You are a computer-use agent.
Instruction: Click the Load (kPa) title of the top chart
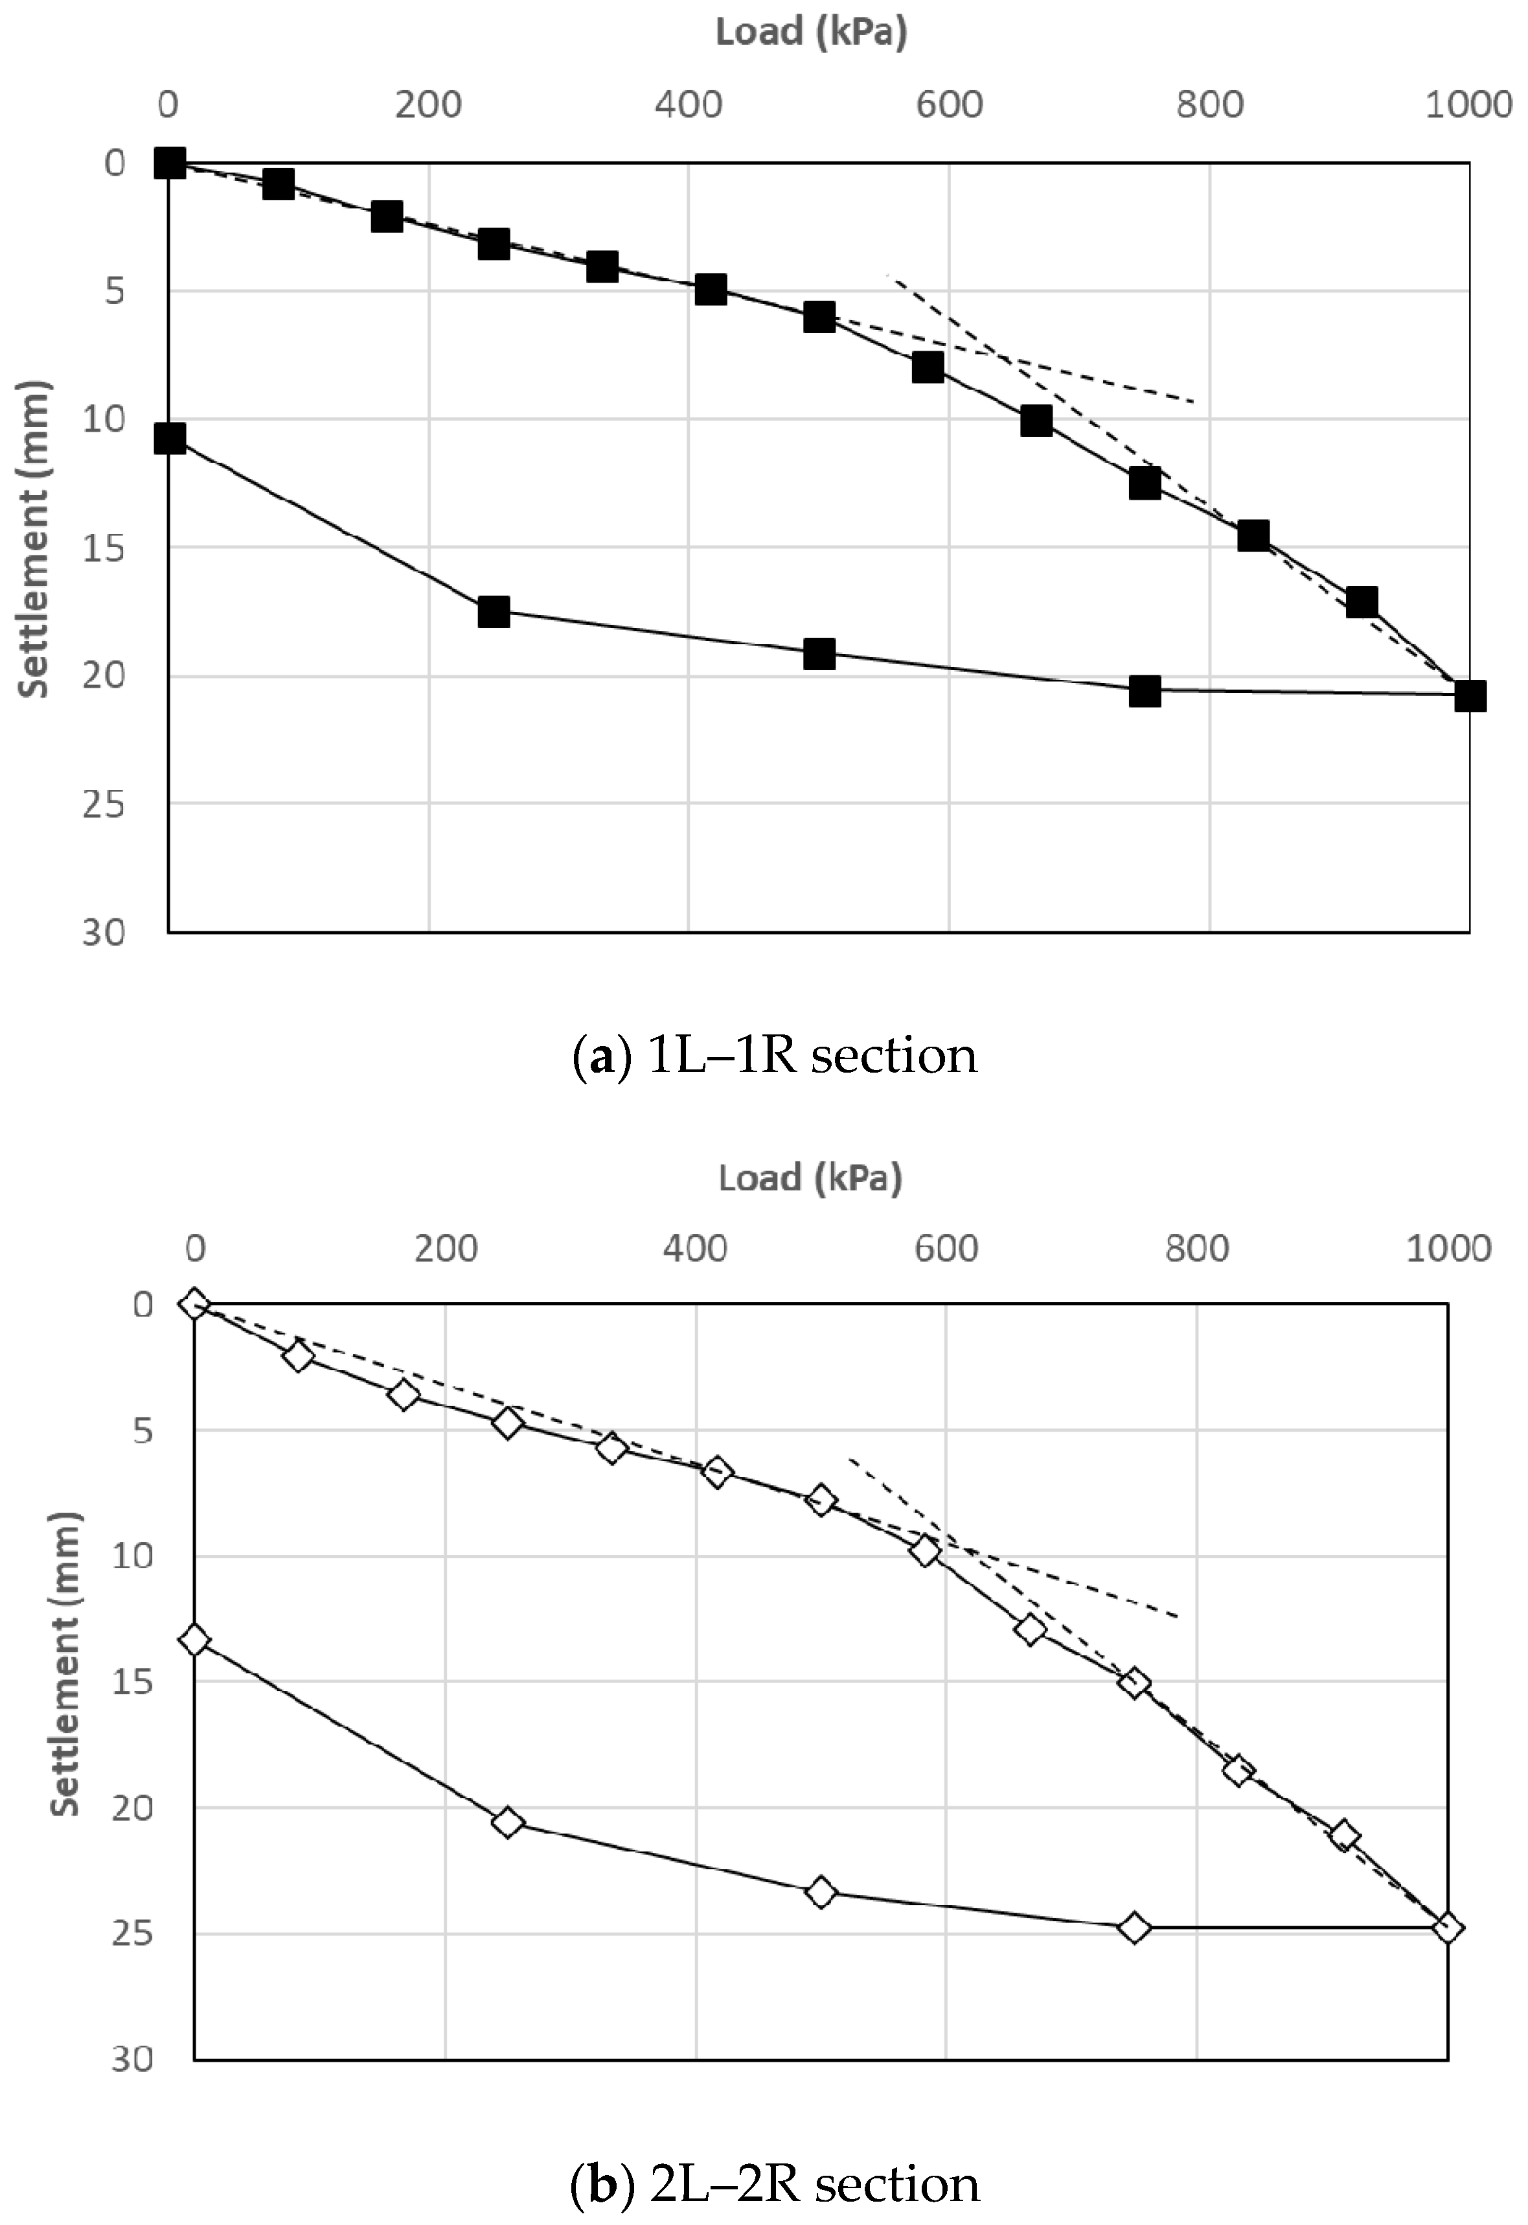(x=811, y=32)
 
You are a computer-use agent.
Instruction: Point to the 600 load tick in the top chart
(x=949, y=104)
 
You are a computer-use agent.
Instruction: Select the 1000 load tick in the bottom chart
(x=1448, y=1249)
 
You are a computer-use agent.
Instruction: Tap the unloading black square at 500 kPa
(x=819, y=654)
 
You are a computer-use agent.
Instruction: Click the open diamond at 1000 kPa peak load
(x=1448, y=1927)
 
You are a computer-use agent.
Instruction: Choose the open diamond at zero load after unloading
(x=194, y=1640)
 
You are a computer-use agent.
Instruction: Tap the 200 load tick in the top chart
(x=428, y=104)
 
